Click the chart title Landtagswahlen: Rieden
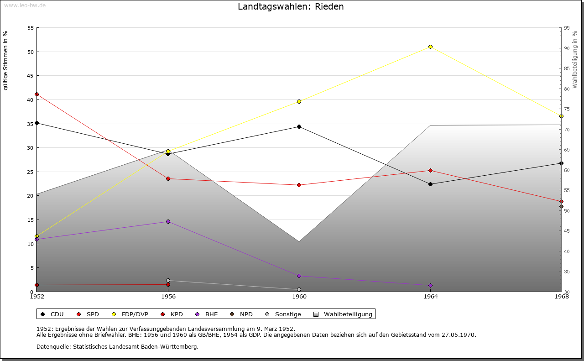(291, 7)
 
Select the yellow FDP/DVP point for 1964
(430, 47)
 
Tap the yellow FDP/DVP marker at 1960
(299, 101)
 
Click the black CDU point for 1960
(299, 127)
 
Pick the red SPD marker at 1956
(168, 178)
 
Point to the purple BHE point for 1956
(168, 222)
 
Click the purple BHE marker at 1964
(430, 286)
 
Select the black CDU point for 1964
(430, 184)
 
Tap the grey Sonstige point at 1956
(168, 280)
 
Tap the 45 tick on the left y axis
(31, 76)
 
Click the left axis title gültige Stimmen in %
(6, 61)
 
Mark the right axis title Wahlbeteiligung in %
(575, 60)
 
